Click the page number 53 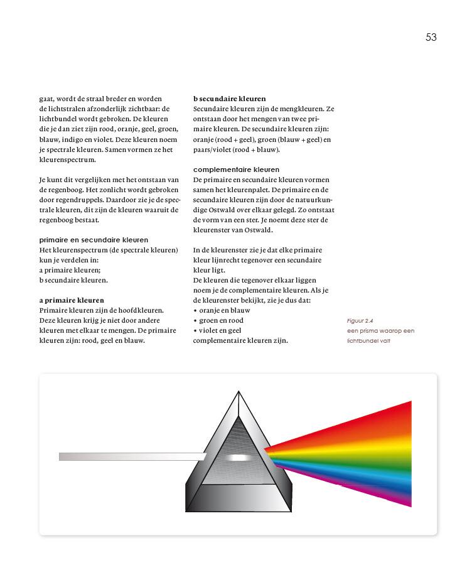tap(431, 38)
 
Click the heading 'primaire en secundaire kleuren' tap(94, 240)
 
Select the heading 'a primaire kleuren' tap(72, 300)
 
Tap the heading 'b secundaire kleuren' tap(229, 99)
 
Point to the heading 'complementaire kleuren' tap(236, 169)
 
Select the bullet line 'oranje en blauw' tap(224, 310)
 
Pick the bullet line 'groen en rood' tap(221, 320)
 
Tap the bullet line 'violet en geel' tap(220, 330)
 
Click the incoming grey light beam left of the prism tap(126, 456)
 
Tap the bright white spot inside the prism tap(238, 458)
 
